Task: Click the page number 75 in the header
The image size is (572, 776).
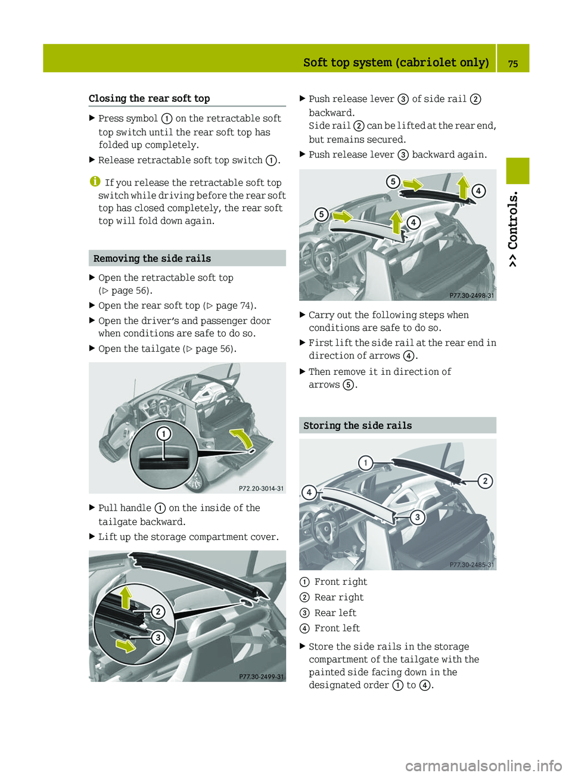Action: tap(512, 63)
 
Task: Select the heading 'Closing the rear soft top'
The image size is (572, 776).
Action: tap(149, 98)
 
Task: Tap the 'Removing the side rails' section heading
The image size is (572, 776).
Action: tap(152, 259)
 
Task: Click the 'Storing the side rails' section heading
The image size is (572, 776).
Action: tap(357, 426)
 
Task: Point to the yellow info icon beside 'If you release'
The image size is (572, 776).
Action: tap(94, 182)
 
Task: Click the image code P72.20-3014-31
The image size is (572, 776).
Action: tap(261, 488)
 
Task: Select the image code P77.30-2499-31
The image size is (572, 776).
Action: tap(262, 676)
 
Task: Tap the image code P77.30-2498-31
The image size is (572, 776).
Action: tap(471, 296)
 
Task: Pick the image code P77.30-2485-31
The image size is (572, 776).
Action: tap(471, 564)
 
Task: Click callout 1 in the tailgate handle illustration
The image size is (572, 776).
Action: tap(163, 434)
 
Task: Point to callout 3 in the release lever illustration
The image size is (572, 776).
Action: tap(158, 638)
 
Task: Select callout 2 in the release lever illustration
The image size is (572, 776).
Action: tap(158, 612)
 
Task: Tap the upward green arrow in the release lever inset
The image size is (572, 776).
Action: tap(126, 597)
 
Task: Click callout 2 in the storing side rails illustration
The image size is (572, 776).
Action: tap(486, 481)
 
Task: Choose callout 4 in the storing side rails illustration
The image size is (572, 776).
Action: tap(309, 492)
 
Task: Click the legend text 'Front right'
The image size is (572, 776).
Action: tap(341, 582)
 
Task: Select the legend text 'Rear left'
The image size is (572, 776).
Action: tap(335, 613)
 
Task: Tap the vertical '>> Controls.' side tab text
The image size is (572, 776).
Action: tap(513, 229)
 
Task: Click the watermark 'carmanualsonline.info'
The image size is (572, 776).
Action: tap(483, 765)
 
